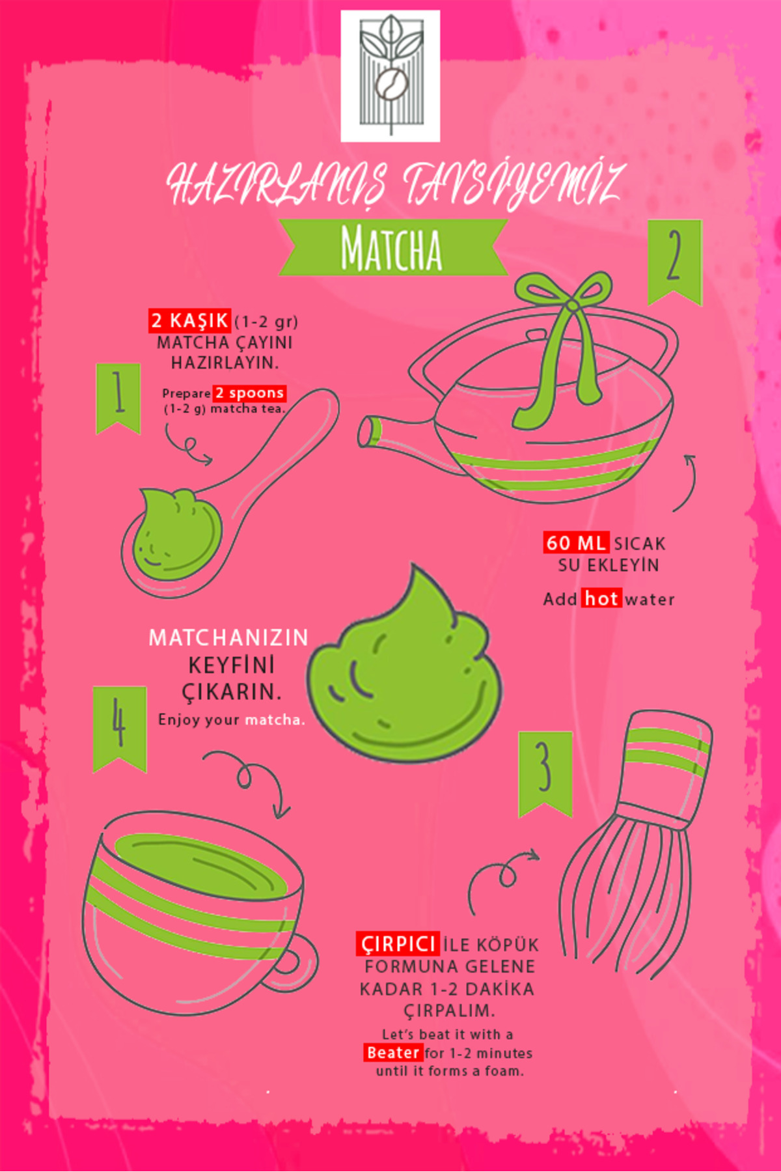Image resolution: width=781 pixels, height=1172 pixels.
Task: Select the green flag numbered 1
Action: coord(118,396)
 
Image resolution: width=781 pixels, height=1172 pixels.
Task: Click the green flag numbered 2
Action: coord(674,259)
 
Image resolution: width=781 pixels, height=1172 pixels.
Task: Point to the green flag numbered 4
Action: coord(119,725)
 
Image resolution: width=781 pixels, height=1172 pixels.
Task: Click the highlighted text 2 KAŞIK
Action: coord(189,320)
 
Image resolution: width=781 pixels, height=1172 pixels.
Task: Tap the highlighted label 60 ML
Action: coord(576,542)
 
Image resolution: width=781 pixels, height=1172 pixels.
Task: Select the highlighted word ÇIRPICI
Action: coord(398,944)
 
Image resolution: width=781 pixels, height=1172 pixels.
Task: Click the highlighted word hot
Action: coord(601,598)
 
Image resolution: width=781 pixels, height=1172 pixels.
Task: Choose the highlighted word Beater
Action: coord(392,1053)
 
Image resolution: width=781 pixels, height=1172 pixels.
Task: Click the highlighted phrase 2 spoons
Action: coord(249,393)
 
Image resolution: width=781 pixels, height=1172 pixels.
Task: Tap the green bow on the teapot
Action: coord(564,339)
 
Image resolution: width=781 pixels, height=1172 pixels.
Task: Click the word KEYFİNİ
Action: coord(231,665)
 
